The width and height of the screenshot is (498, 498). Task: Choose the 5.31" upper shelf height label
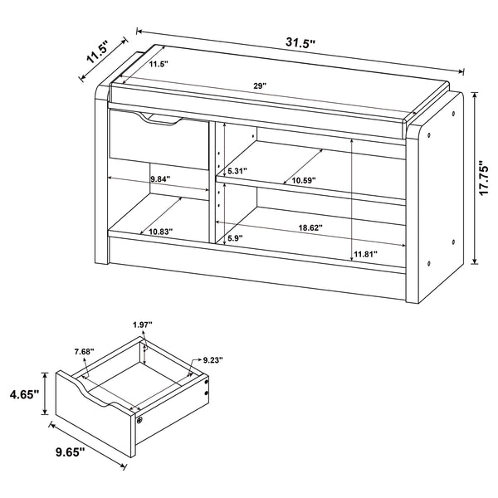(x=238, y=173)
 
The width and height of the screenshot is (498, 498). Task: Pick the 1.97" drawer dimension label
(x=144, y=324)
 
